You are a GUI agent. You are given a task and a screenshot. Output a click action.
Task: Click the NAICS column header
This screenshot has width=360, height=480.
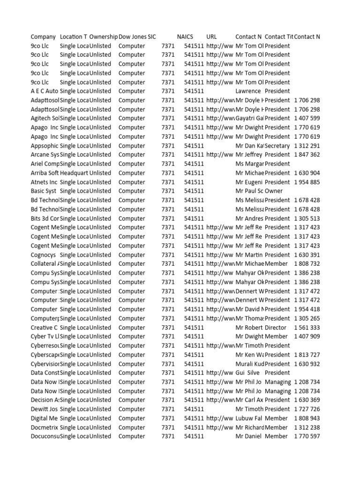tap(185, 37)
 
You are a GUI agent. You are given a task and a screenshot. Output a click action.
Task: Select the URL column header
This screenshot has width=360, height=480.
tap(211, 37)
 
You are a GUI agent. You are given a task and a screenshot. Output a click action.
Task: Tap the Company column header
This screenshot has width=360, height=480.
tap(43, 37)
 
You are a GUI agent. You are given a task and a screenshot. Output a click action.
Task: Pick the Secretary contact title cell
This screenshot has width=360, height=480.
tap(277, 146)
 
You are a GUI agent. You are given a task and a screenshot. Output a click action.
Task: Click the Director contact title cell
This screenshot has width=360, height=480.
tap(276, 328)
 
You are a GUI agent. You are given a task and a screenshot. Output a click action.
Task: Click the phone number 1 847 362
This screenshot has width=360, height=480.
tap(307, 155)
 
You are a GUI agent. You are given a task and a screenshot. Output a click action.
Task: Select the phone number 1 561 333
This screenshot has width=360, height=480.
tap(307, 328)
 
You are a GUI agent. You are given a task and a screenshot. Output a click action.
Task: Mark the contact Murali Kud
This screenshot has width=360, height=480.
tap(249, 364)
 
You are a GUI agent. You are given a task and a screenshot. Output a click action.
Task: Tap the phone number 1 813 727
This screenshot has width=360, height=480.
tap(307, 355)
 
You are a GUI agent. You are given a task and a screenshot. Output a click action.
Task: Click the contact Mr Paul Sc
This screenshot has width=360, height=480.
tap(249, 191)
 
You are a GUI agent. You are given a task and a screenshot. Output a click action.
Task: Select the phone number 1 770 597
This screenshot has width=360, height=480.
tap(307, 436)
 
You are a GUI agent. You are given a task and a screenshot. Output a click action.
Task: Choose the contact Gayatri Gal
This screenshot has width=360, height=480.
tap(249, 119)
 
